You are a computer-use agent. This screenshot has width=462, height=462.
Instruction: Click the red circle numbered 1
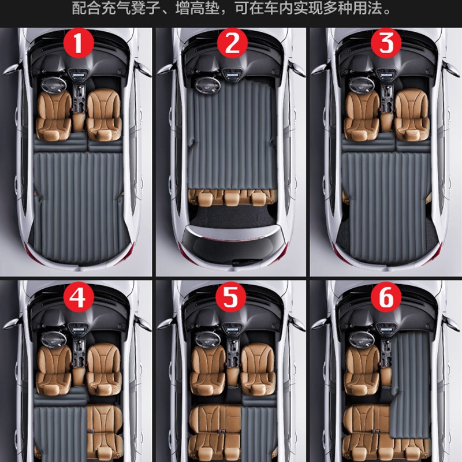[x=79, y=43]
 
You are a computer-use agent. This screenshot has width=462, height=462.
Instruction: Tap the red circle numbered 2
[x=232, y=43]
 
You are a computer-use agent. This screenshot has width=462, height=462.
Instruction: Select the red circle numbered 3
[x=386, y=43]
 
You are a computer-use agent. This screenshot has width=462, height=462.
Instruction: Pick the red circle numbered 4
[x=79, y=296]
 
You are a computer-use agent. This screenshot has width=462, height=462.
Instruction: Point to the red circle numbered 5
[x=230, y=296]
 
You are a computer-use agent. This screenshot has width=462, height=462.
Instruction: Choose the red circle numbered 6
[x=386, y=296]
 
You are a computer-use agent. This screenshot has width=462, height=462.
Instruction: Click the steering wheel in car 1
[x=54, y=85]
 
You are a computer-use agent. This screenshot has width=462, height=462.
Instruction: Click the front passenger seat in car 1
[x=105, y=114]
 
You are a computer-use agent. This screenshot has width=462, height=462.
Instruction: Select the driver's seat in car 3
[x=362, y=115]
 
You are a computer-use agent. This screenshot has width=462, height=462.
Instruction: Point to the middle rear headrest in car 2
[x=233, y=198]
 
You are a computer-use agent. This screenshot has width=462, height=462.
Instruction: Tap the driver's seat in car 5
[x=208, y=369]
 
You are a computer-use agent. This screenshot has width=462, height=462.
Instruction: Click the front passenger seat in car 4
[x=105, y=369]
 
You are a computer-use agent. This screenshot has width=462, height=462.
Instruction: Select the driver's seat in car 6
[x=362, y=370]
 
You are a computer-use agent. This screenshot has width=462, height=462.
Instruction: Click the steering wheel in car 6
[x=362, y=339]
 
